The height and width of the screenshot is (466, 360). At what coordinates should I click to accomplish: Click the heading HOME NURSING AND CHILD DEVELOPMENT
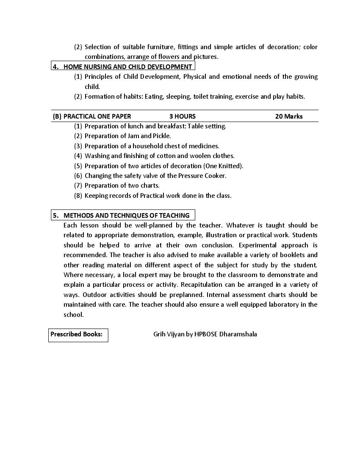point(127,67)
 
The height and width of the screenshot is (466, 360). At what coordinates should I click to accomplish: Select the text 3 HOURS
point(183,116)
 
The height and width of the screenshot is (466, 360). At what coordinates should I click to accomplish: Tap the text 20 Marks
point(289,116)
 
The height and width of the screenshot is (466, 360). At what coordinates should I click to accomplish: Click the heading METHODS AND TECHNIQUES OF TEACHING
point(126,215)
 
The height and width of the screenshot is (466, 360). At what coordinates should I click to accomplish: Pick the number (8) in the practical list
point(78,195)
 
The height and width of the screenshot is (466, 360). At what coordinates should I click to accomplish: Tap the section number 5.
point(55,215)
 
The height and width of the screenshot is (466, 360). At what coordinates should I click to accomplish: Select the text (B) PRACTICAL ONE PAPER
point(92,116)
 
